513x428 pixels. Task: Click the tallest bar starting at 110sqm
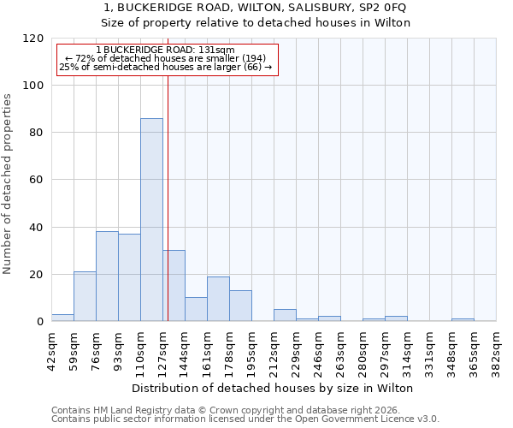click(151, 220)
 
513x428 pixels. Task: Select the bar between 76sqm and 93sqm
click(107, 276)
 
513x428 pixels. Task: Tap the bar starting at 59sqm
click(85, 296)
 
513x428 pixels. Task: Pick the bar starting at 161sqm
click(218, 299)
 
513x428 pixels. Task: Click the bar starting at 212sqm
click(285, 315)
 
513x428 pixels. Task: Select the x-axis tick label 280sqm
click(367, 349)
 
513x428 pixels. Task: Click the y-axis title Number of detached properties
click(9, 185)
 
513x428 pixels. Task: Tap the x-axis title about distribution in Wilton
click(274, 388)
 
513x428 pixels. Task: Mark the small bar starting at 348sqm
click(463, 319)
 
